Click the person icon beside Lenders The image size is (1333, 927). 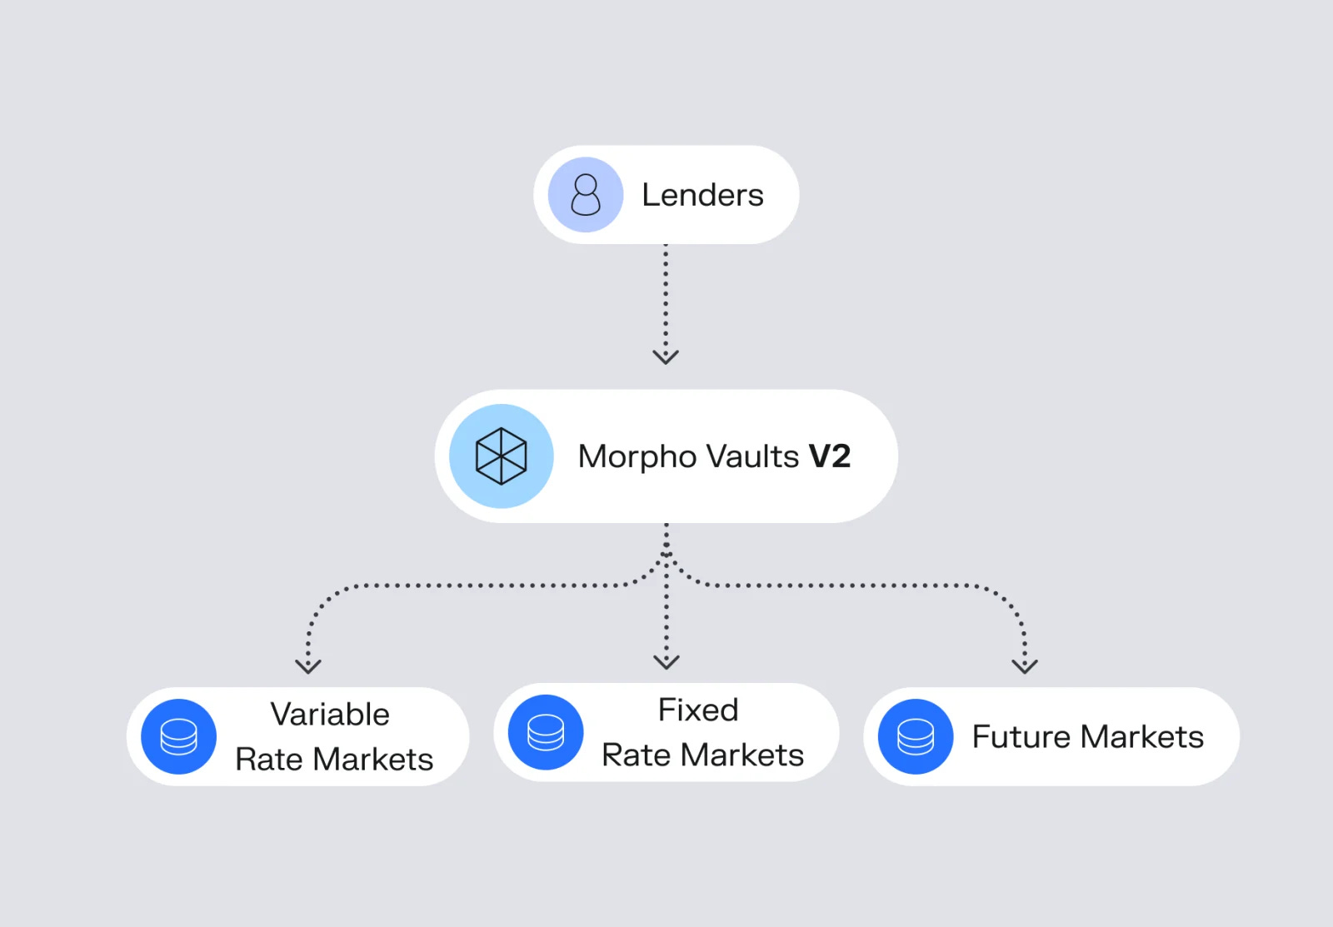point(586,195)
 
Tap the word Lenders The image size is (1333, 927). point(702,195)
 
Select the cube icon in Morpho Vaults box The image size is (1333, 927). point(501,456)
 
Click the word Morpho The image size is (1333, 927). point(637,457)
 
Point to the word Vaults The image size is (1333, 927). point(752,456)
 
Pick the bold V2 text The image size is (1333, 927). point(830,456)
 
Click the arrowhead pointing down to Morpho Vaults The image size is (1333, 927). point(666,356)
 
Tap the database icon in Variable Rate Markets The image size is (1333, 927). point(178,737)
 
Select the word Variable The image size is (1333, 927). point(330,715)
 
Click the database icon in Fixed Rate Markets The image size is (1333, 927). point(546,733)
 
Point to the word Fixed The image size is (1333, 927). point(698,710)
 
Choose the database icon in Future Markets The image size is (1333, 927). point(916,737)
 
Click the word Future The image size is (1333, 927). point(1021,737)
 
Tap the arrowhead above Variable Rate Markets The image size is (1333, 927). point(308,665)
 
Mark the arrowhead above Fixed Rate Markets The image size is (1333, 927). point(666,662)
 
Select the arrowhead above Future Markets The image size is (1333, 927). point(1025,665)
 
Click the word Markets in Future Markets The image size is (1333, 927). point(1142,737)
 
